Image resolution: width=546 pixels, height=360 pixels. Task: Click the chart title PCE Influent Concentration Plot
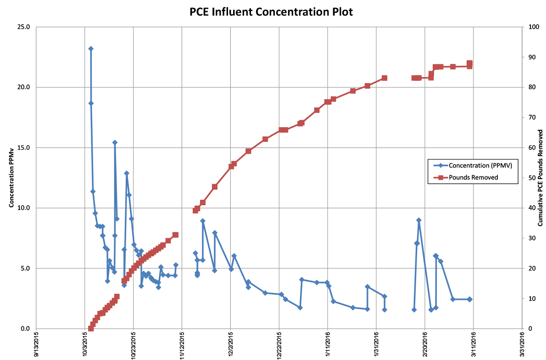click(x=272, y=12)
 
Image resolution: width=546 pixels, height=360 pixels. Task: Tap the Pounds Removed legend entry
click(x=473, y=177)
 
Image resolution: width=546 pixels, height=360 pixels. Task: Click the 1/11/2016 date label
click(x=327, y=345)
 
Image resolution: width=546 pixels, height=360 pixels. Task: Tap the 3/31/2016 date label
click(x=521, y=345)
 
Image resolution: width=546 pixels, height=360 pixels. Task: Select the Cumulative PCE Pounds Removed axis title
click(x=541, y=178)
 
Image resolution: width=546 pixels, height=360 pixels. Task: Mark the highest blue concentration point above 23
click(x=91, y=49)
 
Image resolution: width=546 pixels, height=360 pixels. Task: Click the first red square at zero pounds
click(x=91, y=328)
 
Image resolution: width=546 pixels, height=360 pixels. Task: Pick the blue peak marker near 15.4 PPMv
click(x=115, y=142)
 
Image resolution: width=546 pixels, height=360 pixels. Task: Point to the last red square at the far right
click(x=469, y=63)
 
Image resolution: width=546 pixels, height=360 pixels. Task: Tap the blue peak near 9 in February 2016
click(x=418, y=220)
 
